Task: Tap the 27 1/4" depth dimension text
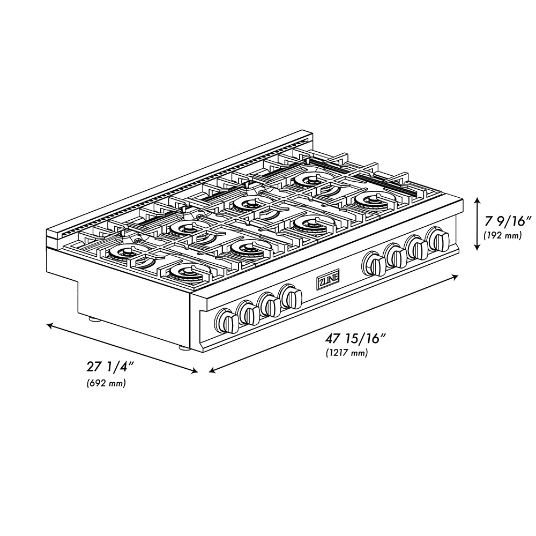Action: click(x=109, y=368)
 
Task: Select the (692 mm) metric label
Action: click(x=106, y=384)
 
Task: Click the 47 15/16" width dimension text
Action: click(x=355, y=338)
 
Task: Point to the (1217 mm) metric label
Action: click(x=346, y=353)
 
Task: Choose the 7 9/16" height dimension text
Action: click(x=507, y=220)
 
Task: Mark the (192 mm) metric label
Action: click(x=502, y=235)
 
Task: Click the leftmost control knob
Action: click(x=227, y=322)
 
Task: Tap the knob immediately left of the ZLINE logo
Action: click(x=291, y=296)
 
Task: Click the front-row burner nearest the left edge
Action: click(x=184, y=272)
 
